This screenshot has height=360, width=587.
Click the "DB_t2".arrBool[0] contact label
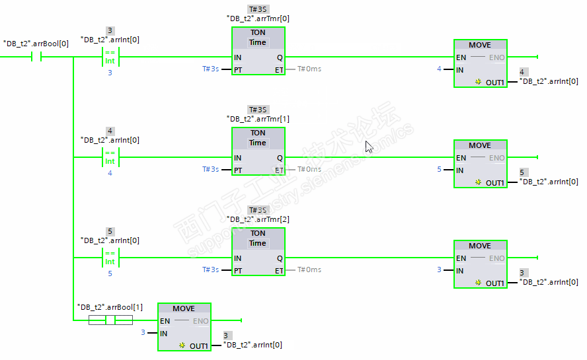(36, 44)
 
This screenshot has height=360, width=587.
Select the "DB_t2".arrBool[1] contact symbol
(110, 320)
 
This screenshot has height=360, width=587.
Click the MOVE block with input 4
(480, 63)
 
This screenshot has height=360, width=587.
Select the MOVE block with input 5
(480, 164)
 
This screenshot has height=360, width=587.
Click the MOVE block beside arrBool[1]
(184, 327)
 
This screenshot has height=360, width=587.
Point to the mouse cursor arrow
(368, 147)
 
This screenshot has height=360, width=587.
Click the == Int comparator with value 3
(110, 57)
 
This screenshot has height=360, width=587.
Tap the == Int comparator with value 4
(110, 157)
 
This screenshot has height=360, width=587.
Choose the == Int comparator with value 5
(110, 258)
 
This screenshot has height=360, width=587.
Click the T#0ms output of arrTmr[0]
(309, 69)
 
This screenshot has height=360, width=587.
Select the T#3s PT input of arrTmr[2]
(210, 270)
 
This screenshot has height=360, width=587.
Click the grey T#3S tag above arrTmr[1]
(258, 110)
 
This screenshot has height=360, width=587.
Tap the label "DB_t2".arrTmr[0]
(258, 18)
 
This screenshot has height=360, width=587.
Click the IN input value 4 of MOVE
(439, 69)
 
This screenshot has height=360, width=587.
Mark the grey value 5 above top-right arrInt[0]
(522, 172)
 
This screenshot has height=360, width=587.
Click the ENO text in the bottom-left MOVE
(201, 321)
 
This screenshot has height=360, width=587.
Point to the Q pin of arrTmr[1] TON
(280, 158)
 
